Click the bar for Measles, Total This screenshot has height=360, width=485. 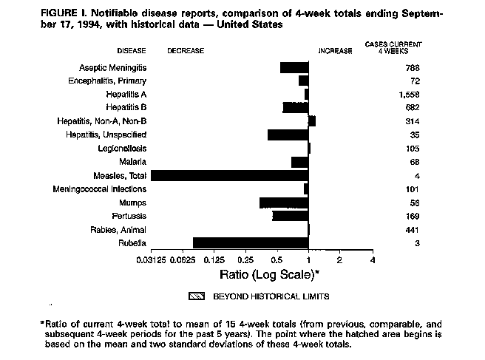coord(229,175)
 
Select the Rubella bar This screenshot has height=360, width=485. coord(251,242)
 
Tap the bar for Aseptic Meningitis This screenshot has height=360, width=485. coord(294,67)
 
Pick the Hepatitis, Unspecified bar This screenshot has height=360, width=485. coord(288,135)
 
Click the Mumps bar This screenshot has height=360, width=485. coord(284,203)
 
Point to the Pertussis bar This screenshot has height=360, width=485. coord(290,216)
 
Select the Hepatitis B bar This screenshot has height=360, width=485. coord(295,108)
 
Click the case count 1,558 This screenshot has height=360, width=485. coord(408,95)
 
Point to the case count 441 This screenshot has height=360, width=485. coord(413,229)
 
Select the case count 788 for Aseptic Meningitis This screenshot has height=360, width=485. coord(413,67)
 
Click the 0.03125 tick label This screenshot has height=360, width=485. coord(151,261)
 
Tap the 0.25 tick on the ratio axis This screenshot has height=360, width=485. coord(245,261)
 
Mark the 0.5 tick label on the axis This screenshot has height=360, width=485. coord(277,261)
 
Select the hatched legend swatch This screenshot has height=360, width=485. coord(197,296)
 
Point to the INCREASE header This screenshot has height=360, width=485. coord(335,50)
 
